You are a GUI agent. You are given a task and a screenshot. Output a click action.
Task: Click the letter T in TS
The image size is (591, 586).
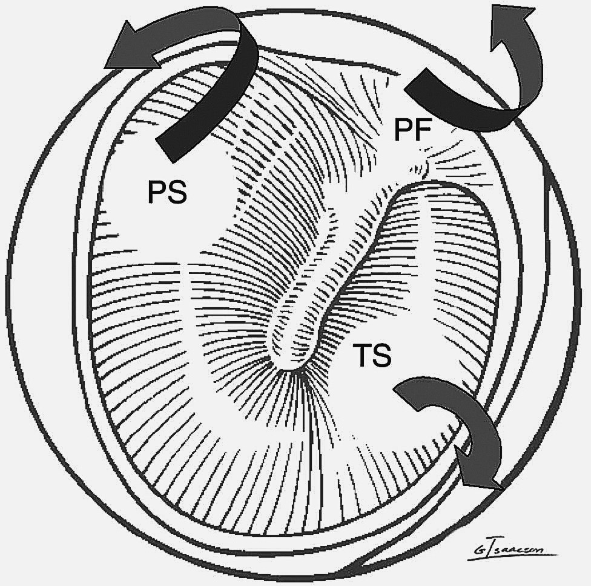coord(360,355)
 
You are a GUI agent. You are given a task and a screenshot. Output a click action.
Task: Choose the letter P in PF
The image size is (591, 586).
coord(403,130)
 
